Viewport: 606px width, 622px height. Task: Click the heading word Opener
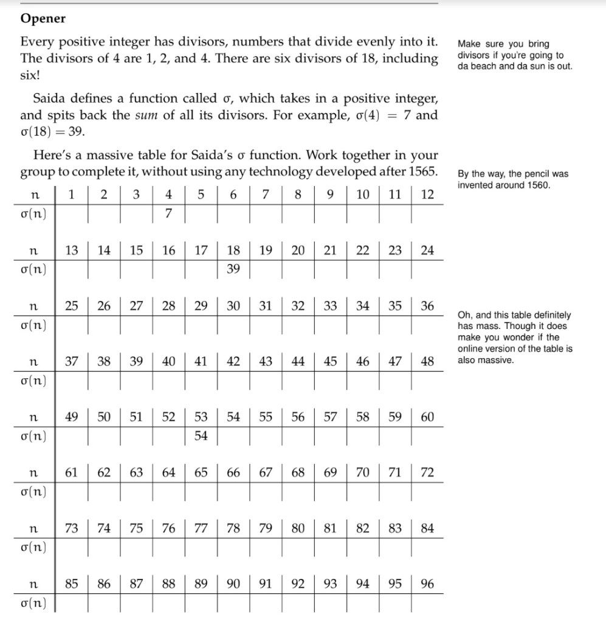click(43, 19)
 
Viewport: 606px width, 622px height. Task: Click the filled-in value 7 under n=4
click(168, 213)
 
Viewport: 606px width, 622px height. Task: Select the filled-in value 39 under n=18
click(233, 269)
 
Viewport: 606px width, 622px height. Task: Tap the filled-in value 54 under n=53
click(201, 436)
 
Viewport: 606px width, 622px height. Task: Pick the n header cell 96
click(427, 584)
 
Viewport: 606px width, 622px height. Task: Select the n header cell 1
click(72, 195)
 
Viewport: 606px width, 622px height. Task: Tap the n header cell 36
click(427, 306)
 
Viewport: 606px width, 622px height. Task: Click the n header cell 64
click(168, 472)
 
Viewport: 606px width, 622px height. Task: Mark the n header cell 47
click(395, 362)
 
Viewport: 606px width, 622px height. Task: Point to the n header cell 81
click(330, 528)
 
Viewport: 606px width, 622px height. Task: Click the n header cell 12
click(427, 195)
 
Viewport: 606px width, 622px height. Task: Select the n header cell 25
click(72, 306)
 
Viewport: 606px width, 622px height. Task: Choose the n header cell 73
click(72, 528)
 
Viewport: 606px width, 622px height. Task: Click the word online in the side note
click(472, 349)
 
